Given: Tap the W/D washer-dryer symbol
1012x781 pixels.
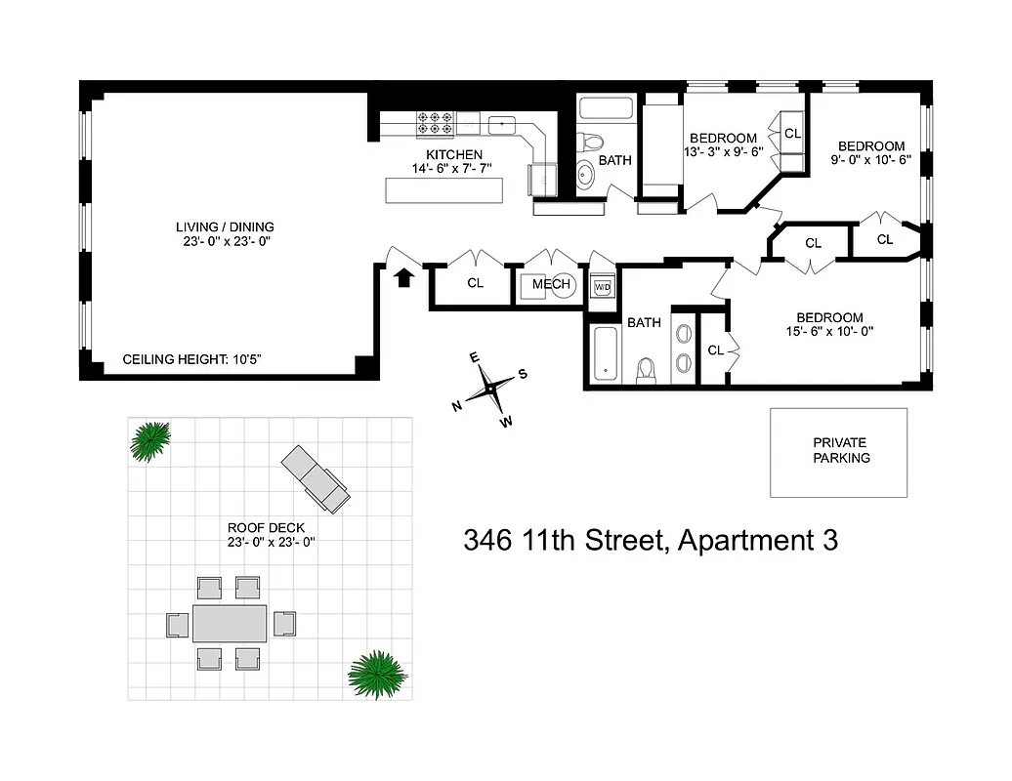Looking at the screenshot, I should [x=603, y=287].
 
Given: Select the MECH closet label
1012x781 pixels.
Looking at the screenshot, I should [x=550, y=284].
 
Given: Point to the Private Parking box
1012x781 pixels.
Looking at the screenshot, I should [x=839, y=452].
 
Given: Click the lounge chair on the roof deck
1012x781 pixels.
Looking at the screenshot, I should [x=316, y=479].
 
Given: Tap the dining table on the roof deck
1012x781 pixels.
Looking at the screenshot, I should [x=230, y=622].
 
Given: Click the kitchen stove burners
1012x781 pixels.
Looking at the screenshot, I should [x=435, y=123].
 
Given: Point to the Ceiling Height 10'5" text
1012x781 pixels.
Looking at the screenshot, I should [x=191, y=360].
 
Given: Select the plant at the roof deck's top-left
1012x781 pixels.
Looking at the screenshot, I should [x=150, y=440].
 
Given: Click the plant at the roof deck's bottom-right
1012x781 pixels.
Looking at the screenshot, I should [x=376, y=674].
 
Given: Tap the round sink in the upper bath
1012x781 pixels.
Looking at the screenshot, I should [x=585, y=175].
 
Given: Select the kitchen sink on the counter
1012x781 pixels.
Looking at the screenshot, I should [x=502, y=124].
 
